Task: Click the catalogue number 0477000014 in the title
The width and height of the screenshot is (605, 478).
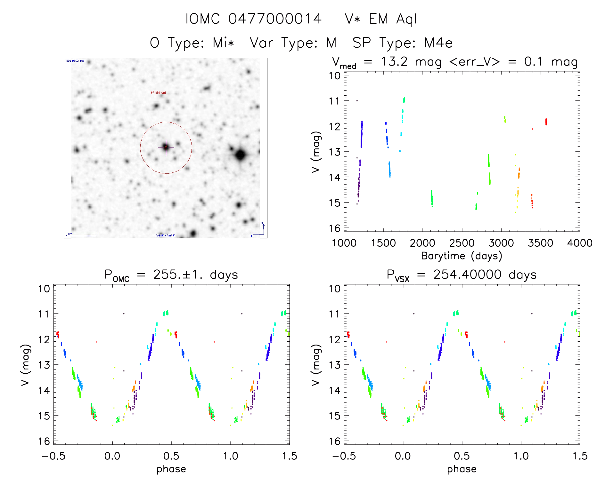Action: coord(275,19)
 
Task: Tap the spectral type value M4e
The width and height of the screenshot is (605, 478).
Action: coord(438,43)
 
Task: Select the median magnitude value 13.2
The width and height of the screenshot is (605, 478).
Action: coord(394,61)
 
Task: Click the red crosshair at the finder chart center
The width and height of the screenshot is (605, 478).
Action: coord(166,147)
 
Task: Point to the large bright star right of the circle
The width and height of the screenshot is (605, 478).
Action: coord(240,155)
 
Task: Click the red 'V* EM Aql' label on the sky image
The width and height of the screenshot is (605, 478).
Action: coord(158,93)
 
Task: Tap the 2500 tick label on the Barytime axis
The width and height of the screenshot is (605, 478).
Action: coord(462,243)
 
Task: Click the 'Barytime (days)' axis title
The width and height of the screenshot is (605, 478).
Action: coord(462,256)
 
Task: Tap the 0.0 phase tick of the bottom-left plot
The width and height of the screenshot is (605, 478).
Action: coord(112,456)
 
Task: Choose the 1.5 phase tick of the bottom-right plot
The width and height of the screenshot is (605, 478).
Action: coord(580,456)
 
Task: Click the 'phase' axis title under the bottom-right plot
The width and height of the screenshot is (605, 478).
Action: coord(462,469)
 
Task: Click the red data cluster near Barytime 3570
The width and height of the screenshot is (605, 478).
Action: coord(546,122)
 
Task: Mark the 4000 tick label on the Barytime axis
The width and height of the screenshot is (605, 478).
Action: coord(580,243)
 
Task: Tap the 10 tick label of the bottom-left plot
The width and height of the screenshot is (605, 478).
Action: coord(44,289)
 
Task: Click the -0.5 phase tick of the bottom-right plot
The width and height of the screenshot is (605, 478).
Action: coord(344,456)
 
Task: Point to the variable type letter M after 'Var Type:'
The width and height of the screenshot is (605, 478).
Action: coord(331,43)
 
